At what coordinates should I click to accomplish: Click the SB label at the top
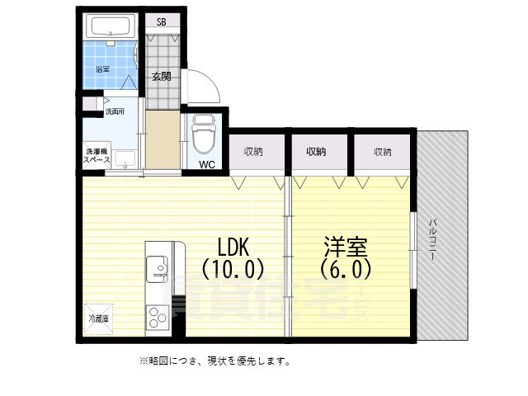click(x=162, y=23)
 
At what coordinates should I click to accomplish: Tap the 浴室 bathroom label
click(x=103, y=68)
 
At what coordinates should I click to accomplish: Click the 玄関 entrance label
click(x=162, y=77)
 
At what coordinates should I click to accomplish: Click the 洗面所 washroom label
click(x=114, y=111)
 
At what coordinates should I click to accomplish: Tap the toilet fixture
click(x=203, y=132)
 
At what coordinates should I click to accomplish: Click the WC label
click(x=207, y=163)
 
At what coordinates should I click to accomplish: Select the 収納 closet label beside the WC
click(x=253, y=152)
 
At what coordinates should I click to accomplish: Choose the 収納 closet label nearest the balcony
click(x=382, y=152)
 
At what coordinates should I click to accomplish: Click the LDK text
click(x=233, y=247)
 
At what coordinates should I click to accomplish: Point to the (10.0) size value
click(x=232, y=269)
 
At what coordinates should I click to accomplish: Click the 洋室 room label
click(x=345, y=247)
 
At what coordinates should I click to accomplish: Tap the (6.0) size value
click(x=345, y=269)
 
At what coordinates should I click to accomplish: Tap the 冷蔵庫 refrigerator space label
click(x=97, y=318)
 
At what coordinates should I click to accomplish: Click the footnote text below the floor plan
click(x=214, y=361)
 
